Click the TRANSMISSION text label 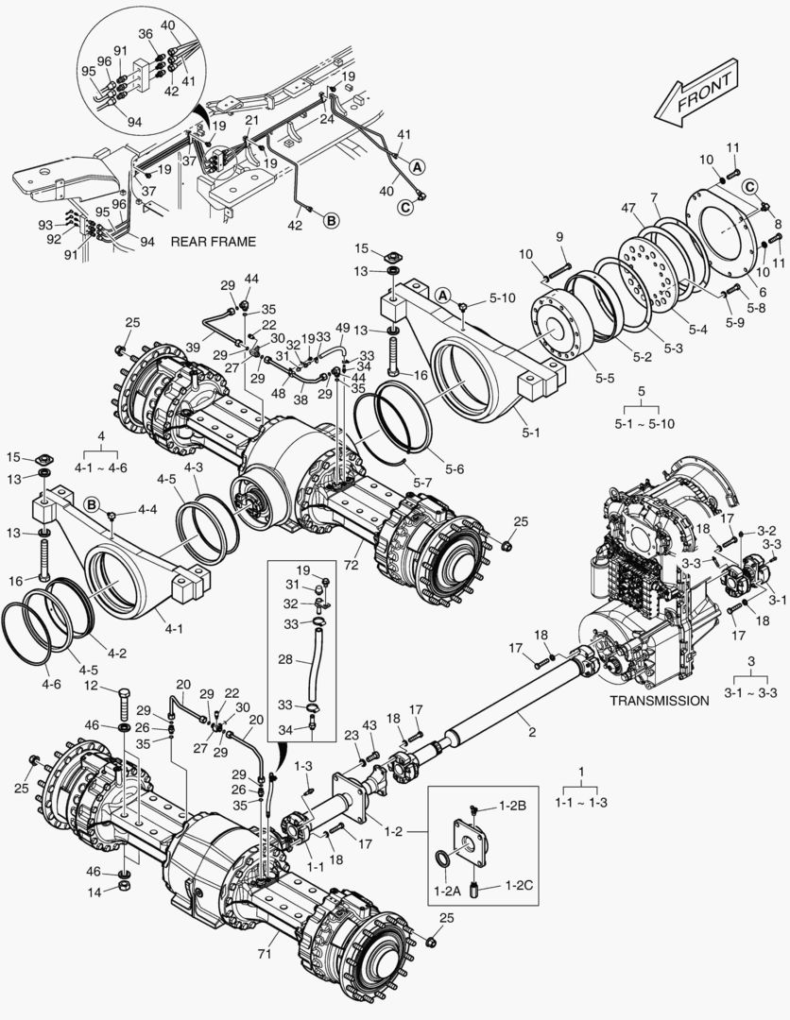click(x=659, y=701)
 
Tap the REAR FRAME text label click(x=213, y=242)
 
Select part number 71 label click(x=266, y=955)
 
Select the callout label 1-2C click(x=519, y=885)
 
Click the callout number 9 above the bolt click(x=558, y=236)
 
